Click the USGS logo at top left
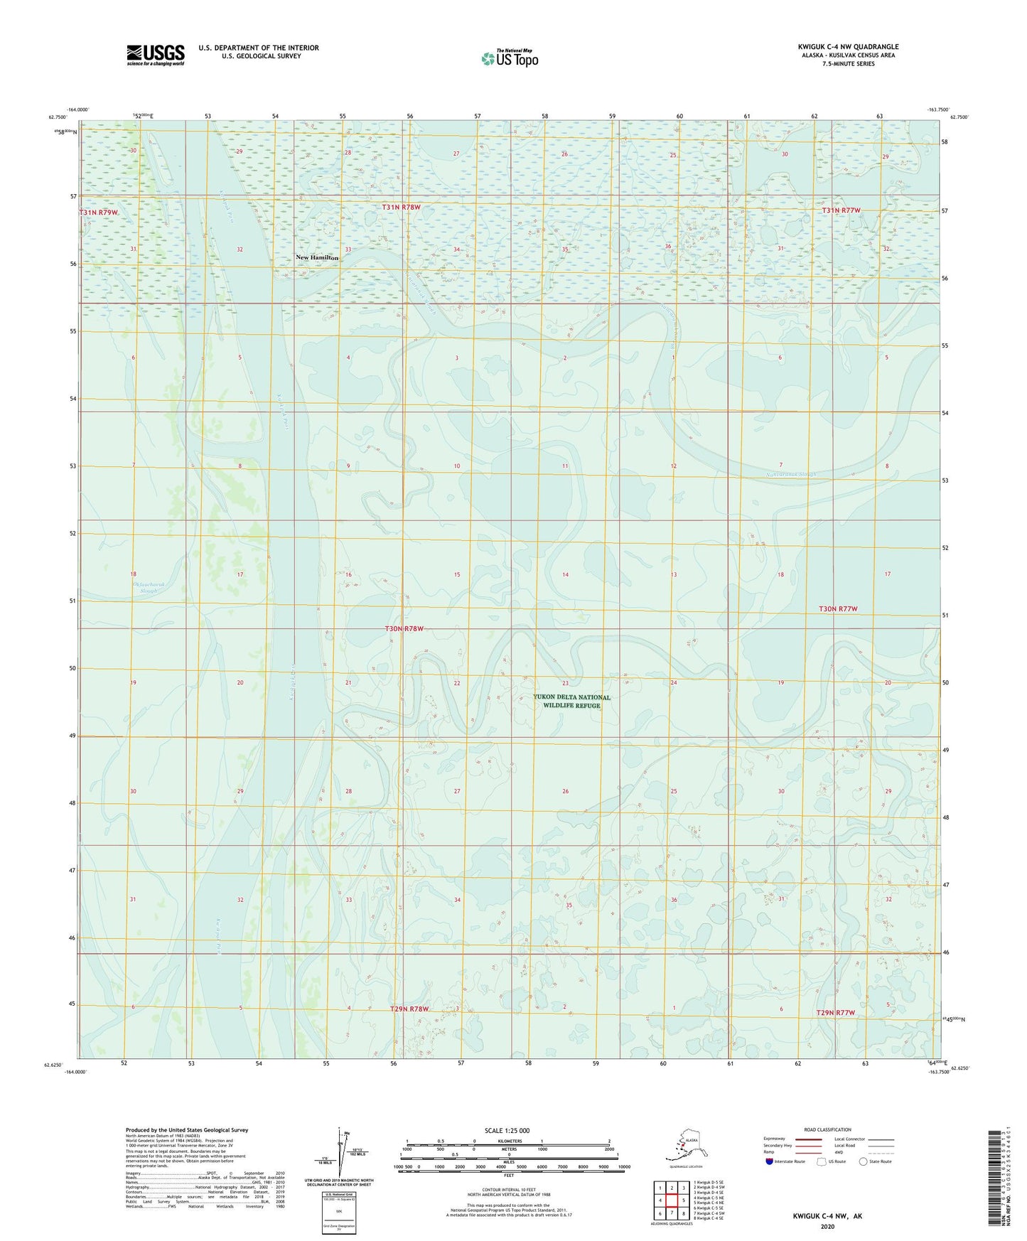point(155,55)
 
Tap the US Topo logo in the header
point(509,58)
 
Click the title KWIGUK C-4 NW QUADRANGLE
point(847,47)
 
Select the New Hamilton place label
point(317,257)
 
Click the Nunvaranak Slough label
point(787,474)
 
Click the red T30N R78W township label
point(404,628)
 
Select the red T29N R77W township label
point(835,1012)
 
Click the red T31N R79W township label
point(99,213)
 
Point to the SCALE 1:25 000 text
point(507,1130)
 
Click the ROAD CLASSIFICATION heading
point(828,1129)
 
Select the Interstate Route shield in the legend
point(770,1161)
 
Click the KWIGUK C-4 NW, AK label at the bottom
point(827,1216)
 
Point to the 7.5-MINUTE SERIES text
point(848,64)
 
